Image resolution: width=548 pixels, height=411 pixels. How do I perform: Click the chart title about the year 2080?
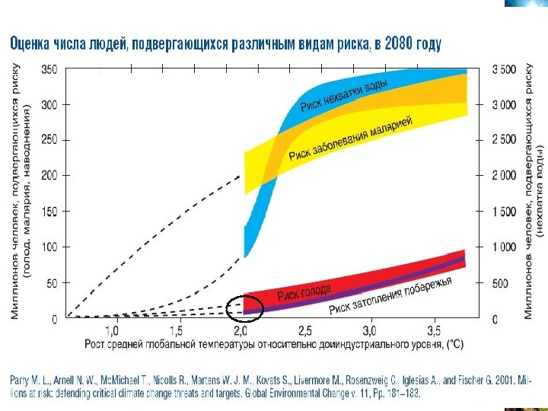pos(225,44)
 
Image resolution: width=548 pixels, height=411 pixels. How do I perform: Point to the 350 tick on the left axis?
pos(49,69)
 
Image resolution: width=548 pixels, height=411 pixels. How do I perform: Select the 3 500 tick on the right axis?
pos(504,69)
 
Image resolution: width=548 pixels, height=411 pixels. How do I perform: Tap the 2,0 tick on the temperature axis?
pos(241,332)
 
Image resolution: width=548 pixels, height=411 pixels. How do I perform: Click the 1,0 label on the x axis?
pos(112,332)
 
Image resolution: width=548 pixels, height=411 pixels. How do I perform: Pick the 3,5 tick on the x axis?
pos(433,332)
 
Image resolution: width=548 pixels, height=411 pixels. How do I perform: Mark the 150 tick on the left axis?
pos(49,212)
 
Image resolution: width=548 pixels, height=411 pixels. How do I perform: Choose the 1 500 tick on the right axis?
pos(504,212)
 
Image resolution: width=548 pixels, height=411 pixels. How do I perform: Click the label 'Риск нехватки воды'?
pos(344,94)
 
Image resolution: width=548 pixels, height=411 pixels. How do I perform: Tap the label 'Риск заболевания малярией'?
pos(350,138)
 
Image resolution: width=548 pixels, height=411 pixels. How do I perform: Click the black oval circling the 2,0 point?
pos(245,307)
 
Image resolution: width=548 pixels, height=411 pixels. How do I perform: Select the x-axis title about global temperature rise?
pos(274,345)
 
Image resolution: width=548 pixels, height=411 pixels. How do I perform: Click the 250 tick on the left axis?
pos(49,140)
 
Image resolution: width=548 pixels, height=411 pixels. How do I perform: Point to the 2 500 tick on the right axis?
pos(504,140)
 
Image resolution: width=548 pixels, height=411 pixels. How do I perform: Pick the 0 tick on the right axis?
pos(495,320)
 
